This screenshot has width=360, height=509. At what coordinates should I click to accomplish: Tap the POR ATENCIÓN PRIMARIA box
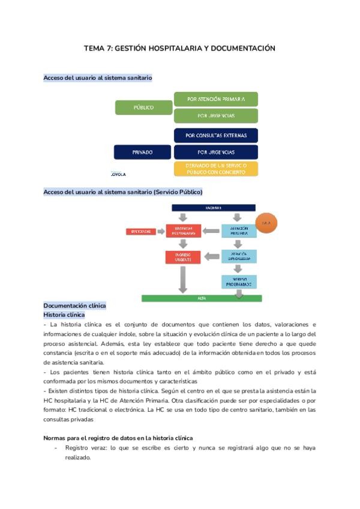click(x=215, y=99)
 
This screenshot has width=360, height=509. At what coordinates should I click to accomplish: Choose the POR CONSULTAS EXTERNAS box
click(x=215, y=136)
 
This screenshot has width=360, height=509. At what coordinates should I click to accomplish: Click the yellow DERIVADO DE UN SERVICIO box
click(x=215, y=169)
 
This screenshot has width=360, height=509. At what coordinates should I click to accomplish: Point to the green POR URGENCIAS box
click(x=215, y=115)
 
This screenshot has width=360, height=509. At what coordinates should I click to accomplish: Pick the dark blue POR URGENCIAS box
click(x=215, y=152)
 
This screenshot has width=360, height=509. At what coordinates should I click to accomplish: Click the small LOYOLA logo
click(x=119, y=174)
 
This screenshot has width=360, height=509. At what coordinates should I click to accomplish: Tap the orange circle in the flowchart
click(x=266, y=223)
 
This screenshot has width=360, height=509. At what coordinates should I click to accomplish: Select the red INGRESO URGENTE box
click(x=183, y=257)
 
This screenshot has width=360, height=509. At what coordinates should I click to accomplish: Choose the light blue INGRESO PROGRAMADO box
click(x=239, y=281)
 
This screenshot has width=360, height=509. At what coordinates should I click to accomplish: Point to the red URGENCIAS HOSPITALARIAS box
click(x=183, y=230)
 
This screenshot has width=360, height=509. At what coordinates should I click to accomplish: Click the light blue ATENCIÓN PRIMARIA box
click(x=239, y=230)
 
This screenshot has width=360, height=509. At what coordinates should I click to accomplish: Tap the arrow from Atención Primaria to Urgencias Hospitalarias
click(x=211, y=230)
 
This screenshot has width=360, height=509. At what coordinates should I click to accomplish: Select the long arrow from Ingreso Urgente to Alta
click(x=183, y=279)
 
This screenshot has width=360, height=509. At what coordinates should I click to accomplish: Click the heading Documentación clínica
click(x=74, y=306)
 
